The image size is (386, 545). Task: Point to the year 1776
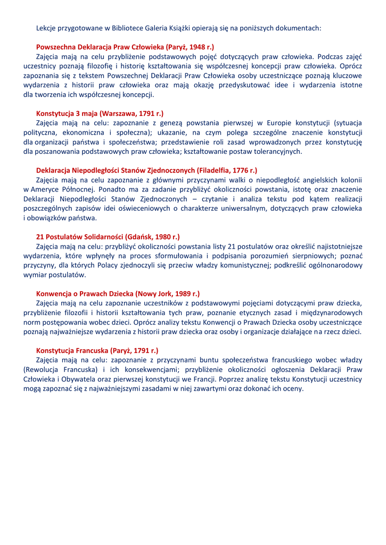242,170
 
